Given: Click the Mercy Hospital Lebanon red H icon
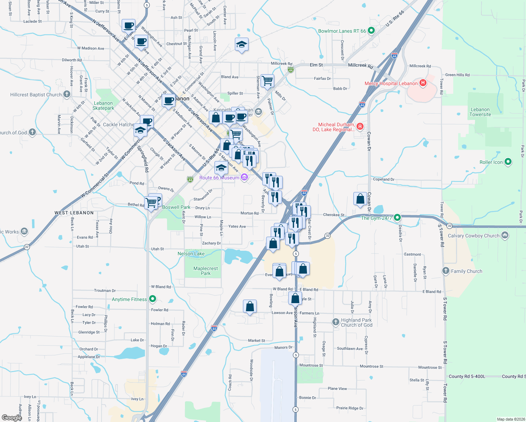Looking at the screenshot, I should coord(423,83).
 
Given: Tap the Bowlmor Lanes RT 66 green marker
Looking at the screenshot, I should coord(371,31).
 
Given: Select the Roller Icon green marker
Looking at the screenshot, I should coord(508,162).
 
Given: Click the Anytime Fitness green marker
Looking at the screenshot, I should coord(152,299).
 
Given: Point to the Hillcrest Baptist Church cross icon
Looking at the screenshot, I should coord(67,94).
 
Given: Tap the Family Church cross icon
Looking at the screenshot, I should coord(446,271).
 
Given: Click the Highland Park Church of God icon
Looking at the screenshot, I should coord(336,322).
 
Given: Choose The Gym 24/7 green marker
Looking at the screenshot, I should coord(397,218).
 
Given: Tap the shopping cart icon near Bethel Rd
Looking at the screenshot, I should coord(151,203).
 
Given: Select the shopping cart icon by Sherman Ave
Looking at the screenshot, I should coord(267,81).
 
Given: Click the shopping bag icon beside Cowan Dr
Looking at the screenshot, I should coord(360,199).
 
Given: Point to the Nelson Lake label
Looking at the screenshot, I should coord(191,254).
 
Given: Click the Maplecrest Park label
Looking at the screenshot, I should coord(206,271).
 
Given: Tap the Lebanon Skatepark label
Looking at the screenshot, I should coord(103,105).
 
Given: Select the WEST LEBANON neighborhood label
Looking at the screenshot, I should coord(74,213).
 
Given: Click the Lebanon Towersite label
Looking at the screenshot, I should coord(480,112).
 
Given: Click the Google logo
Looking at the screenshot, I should coord(12,417).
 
